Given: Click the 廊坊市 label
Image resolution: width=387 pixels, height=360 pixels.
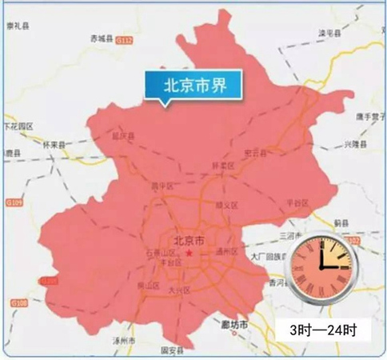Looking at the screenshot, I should [233, 324].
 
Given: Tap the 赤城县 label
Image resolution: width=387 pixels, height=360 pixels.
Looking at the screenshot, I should [102, 38].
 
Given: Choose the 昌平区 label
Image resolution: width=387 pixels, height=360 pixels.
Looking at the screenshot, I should [162, 186].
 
